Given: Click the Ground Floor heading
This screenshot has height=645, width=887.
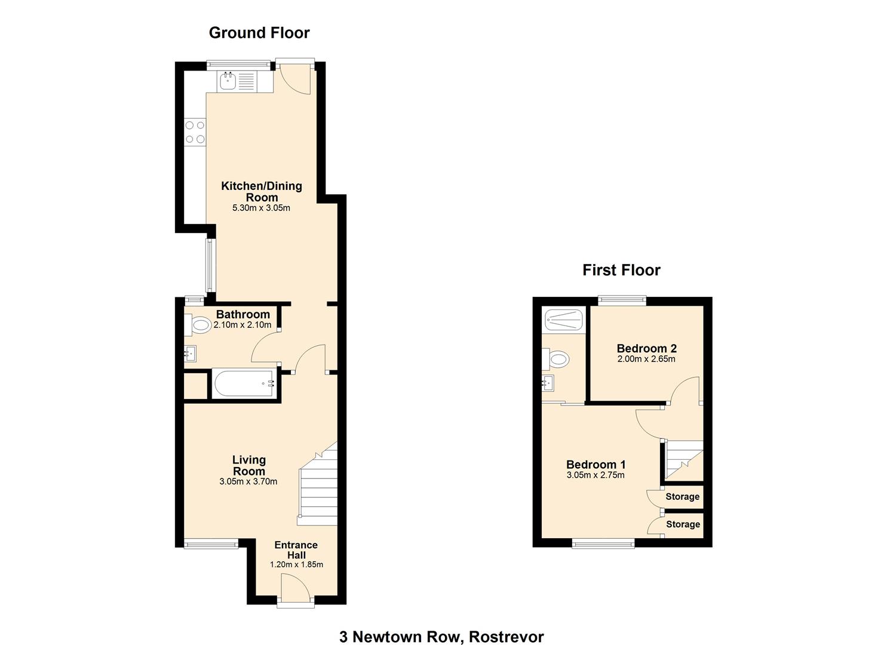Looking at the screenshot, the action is coord(259,33).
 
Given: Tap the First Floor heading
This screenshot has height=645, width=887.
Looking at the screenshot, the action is coord(621,271).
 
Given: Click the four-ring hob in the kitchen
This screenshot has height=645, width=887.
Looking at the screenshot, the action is coord(195,132).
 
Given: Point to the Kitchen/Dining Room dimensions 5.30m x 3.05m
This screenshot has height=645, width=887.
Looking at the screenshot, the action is coord(262,208).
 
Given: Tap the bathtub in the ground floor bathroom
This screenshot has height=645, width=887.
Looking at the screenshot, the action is coord(244,383).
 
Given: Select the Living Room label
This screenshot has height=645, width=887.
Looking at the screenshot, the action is coord(248,466).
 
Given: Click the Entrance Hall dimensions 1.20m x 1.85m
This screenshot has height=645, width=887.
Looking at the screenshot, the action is coord(296,564).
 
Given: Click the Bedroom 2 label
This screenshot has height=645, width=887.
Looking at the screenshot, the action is coord(647,348).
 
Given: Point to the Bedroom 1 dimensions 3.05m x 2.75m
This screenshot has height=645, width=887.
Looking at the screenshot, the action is coord(596,475).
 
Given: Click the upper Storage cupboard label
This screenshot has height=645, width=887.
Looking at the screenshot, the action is coord(682,496).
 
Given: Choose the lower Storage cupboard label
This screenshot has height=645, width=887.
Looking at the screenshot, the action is coord(683,524).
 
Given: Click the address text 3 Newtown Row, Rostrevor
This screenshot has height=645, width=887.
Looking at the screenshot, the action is coord(441,626).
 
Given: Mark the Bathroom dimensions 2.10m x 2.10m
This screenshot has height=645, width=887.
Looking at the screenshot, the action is coord(243,325).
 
